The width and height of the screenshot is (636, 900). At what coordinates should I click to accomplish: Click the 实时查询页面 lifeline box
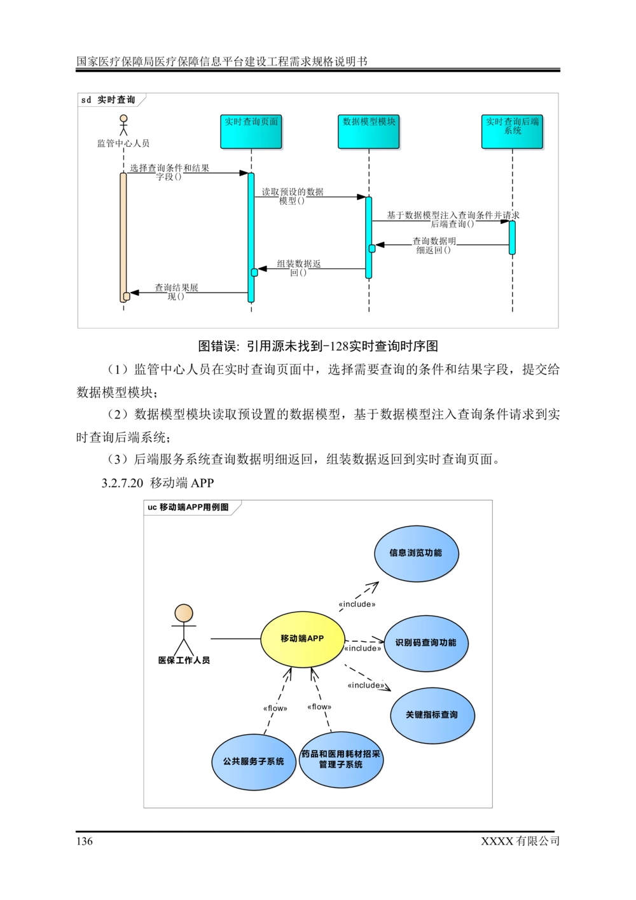(252, 132)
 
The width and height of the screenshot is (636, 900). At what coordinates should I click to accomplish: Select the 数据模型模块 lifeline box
(369, 132)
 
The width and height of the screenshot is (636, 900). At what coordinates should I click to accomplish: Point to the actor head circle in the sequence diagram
(123, 118)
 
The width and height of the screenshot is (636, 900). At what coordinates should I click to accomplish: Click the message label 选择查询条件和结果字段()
(169, 172)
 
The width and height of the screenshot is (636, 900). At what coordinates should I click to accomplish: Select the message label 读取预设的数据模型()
(293, 196)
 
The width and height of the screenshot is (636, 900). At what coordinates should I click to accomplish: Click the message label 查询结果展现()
(176, 292)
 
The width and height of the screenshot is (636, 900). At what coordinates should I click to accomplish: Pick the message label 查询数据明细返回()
(434, 246)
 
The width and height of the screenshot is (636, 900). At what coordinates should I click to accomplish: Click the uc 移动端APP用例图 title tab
(192, 508)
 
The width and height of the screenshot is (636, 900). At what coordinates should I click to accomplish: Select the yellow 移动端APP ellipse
(303, 639)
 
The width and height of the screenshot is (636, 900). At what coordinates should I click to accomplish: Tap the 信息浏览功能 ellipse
(416, 553)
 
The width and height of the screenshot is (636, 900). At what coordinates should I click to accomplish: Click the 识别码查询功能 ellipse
(426, 642)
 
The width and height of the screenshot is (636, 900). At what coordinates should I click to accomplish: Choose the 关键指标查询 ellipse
(432, 715)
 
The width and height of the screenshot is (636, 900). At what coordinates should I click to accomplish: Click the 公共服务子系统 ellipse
(254, 761)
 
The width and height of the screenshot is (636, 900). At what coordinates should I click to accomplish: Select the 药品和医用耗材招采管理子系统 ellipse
(341, 759)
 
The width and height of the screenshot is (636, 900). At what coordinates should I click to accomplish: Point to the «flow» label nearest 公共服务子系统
(275, 708)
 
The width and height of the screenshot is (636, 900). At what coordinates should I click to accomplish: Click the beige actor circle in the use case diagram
(183, 613)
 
